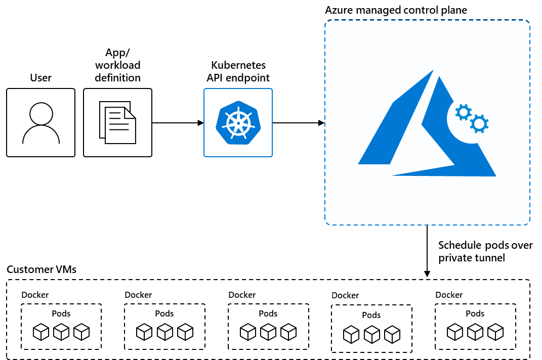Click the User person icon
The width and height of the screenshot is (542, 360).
(40, 122)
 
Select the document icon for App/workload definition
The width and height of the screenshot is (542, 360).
(117, 122)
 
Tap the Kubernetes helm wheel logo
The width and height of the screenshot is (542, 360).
(238, 123)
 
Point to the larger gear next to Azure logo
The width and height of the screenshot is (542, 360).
(479, 123)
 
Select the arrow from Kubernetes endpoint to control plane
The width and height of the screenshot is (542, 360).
(299, 123)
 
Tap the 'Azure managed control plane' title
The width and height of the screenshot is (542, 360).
(396, 10)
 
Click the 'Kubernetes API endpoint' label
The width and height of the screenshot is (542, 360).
(238, 72)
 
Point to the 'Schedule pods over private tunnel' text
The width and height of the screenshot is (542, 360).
(485, 251)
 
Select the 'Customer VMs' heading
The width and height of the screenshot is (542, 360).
(41, 269)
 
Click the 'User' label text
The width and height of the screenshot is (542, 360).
(40, 78)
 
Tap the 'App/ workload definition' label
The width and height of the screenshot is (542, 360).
(117, 65)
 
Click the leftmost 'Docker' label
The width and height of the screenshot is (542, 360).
(35, 295)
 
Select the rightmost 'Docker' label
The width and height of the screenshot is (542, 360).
(449, 295)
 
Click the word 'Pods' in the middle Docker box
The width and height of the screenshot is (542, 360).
(268, 313)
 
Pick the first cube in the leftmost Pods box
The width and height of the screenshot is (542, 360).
(41, 332)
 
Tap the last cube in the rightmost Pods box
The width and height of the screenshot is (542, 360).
(495, 332)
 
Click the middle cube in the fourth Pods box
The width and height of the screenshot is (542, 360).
(372, 334)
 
